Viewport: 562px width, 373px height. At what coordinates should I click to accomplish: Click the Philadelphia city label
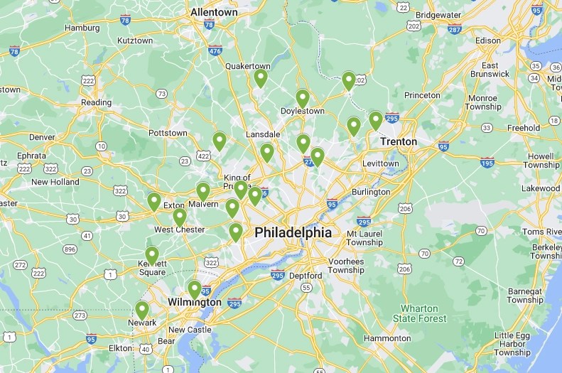click(x=293, y=232)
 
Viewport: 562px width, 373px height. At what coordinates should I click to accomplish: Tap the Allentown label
click(x=214, y=12)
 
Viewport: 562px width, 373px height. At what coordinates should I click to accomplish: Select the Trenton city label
click(x=399, y=141)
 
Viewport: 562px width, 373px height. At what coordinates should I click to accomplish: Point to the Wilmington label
click(x=195, y=302)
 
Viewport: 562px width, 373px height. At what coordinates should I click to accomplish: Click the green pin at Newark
click(x=142, y=310)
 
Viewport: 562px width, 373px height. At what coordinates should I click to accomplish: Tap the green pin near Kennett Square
click(x=152, y=255)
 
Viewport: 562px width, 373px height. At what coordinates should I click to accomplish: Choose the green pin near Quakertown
click(x=261, y=77)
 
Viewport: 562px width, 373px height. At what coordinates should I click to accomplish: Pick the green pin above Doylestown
click(x=303, y=98)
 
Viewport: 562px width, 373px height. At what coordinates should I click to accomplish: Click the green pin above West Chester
click(x=180, y=217)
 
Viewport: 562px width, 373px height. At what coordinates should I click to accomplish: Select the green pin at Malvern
click(x=203, y=191)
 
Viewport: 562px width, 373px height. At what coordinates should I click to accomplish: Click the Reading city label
click(x=96, y=102)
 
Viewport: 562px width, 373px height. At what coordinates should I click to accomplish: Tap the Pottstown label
click(x=168, y=133)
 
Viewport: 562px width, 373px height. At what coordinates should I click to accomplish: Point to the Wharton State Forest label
click(x=425, y=313)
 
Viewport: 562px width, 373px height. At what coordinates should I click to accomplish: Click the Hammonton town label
click(x=387, y=338)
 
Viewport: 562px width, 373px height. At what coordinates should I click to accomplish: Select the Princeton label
click(x=422, y=94)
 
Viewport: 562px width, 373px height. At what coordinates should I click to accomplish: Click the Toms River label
click(x=541, y=232)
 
